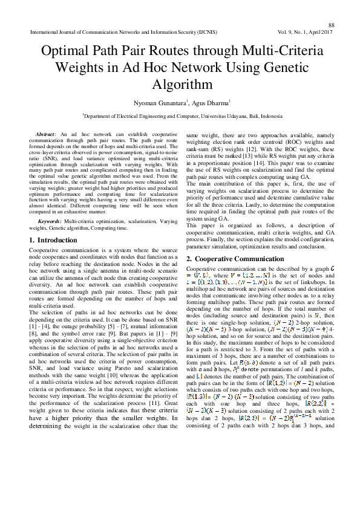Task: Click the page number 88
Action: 332,25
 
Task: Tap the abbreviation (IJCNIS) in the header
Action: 203,32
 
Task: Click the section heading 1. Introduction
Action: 53,240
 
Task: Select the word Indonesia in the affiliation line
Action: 267,116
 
